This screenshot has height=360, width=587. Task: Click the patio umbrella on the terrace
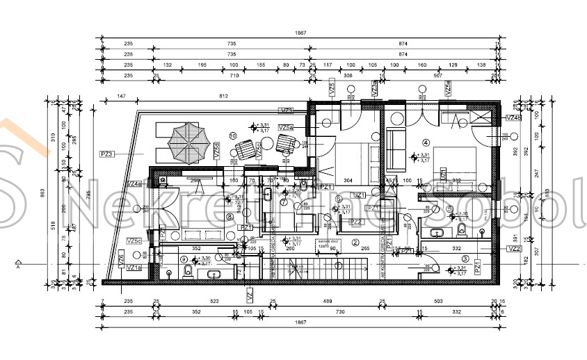[188, 143]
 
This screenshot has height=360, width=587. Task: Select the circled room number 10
[233, 136]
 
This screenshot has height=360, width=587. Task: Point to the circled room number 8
[230, 216]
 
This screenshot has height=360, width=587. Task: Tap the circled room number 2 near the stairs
[355, 243]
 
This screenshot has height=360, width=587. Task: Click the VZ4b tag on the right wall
[513, 117]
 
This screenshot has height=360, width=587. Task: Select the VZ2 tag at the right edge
[515, 248]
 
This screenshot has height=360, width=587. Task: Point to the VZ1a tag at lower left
[134, 268]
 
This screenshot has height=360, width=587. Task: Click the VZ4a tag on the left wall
[134, 184]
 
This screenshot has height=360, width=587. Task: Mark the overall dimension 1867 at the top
[300, 33]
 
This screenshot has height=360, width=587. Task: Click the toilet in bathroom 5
[462, 230]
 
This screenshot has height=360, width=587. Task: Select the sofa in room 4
[396, 149]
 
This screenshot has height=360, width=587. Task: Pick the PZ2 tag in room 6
[355, 222]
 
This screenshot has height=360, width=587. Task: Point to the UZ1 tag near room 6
[360, 195]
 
